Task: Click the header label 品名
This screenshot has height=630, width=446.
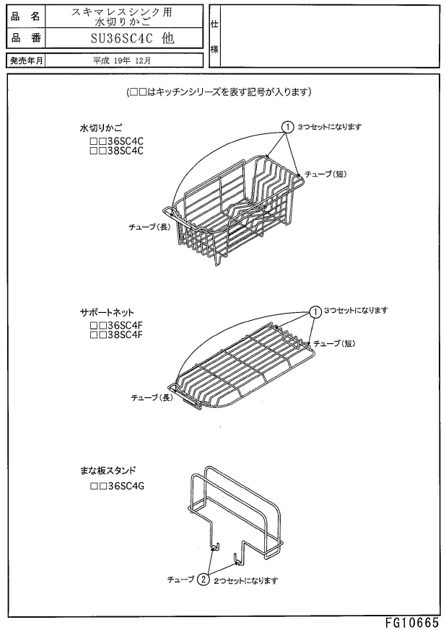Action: coord(25,15)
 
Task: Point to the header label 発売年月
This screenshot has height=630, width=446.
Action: coord(25,61)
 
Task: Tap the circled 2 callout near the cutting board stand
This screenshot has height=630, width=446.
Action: coord(204,579)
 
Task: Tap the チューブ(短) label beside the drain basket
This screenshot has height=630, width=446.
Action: coord(328,174)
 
